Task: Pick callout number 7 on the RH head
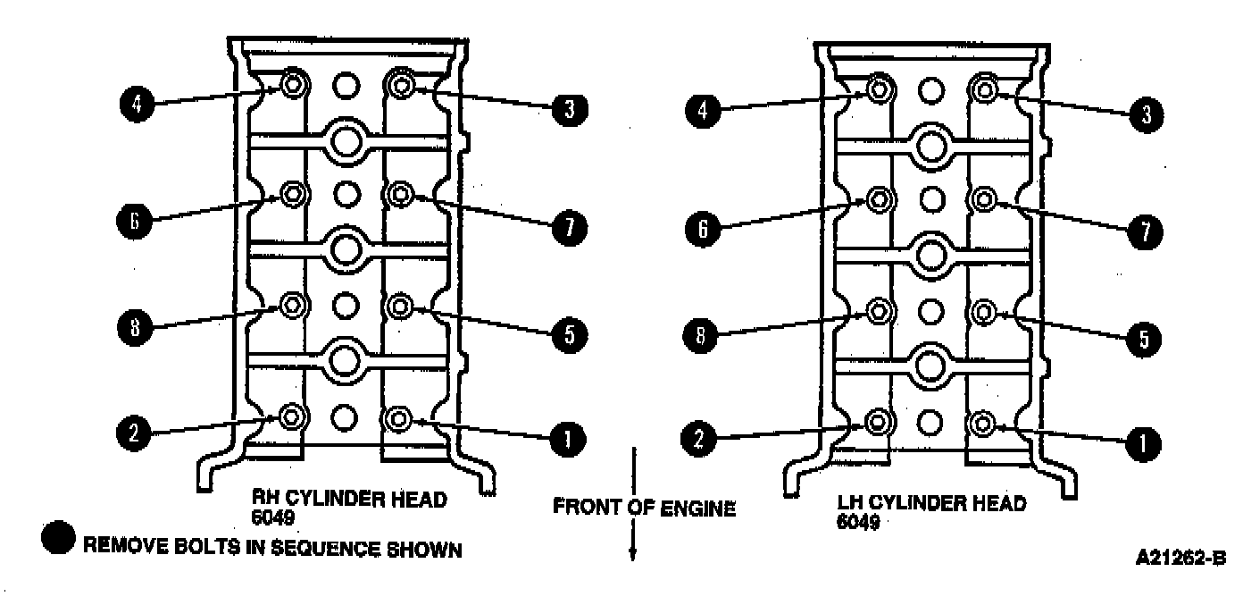coord(568,228)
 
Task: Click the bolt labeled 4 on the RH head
coord(293,85)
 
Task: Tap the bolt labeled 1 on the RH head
coord(398,418)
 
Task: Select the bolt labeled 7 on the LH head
coord(983,198)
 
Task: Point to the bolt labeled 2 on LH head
coord(879,421)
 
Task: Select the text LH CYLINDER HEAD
coord(933,503)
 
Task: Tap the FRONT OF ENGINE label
coord(644,509)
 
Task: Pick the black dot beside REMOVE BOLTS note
coord(60,542)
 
